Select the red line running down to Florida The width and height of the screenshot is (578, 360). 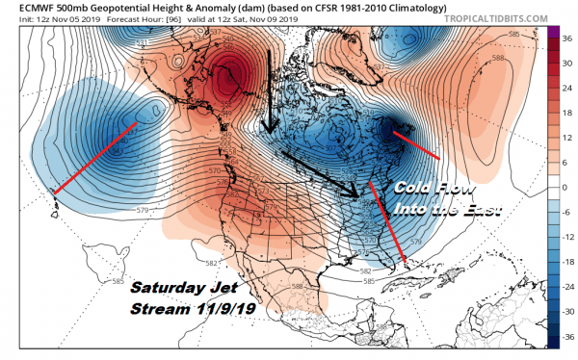point(384,222)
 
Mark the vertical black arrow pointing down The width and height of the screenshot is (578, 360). point(271,106)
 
